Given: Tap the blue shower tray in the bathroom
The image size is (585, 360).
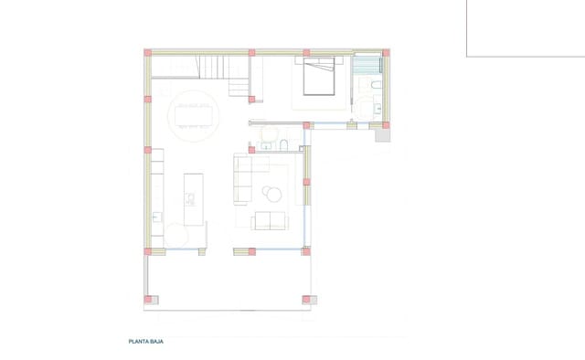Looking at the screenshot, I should tap(369, 66).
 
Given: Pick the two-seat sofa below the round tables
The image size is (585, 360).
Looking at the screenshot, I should tap(269, 220).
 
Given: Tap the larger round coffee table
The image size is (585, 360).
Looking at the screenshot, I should tap(272, 192).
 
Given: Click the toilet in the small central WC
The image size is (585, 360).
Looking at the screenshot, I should tap(284, 146).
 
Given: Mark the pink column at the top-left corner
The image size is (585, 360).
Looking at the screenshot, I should tap(146, 53).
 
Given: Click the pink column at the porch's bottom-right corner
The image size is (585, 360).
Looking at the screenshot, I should tap(307, 298).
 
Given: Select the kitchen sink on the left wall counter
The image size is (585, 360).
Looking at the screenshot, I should tap(156, 217).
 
